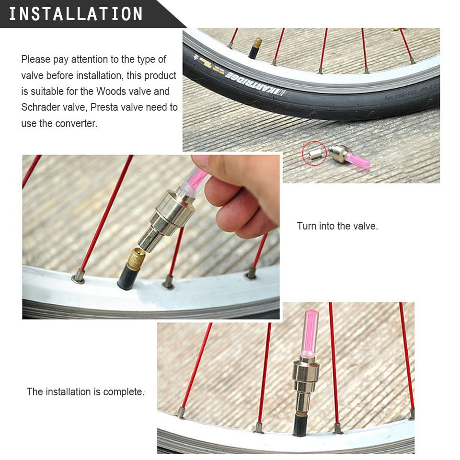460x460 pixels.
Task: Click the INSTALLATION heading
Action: pyautogui.click(x=76, y=14)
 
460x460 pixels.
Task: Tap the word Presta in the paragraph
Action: pyautogui.click(x=106, y=107)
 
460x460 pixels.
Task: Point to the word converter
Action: pyautogui.click(x=76, y=123)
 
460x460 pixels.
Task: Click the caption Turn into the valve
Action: pyautogui.click(x=337, y=226)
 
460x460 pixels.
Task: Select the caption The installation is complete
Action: pyautogui.click(x=85, y=391)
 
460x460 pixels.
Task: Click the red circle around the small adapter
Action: pyautogui.click(x=314, y=153)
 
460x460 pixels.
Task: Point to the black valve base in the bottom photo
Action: pyautogui.click(x=301, y=425)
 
